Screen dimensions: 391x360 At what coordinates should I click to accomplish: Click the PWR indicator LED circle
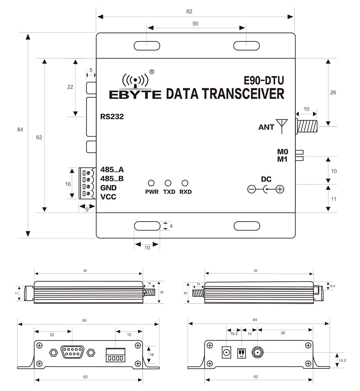[152, 183]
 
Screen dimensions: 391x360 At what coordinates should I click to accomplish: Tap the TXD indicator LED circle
[168, 183]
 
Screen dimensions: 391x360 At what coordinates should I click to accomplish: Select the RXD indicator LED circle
[185, 183]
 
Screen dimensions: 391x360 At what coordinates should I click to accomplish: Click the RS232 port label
[112, 116]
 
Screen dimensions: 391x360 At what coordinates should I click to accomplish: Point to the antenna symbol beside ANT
[281, 126]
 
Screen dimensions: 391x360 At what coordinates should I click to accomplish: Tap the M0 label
[283, 152]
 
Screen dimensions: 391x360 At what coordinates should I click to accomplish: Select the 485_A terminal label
[112, 170]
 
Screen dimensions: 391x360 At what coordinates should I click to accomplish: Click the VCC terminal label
[108, 197]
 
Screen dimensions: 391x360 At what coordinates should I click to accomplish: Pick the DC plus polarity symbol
[280, 189]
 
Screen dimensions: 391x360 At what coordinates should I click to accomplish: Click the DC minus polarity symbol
[252, 189]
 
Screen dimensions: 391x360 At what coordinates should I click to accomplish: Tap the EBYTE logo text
[135, 94]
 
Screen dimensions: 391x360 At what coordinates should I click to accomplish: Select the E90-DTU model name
[263, 80]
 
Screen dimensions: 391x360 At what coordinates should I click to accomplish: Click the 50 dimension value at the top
[195, 24]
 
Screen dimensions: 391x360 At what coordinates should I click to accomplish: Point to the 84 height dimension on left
[20, 129]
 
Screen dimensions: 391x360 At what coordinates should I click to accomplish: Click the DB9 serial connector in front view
[72, 352]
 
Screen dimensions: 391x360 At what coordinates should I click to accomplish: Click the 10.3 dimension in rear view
[233, 333]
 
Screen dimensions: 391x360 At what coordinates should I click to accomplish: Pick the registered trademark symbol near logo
[152, 72]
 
